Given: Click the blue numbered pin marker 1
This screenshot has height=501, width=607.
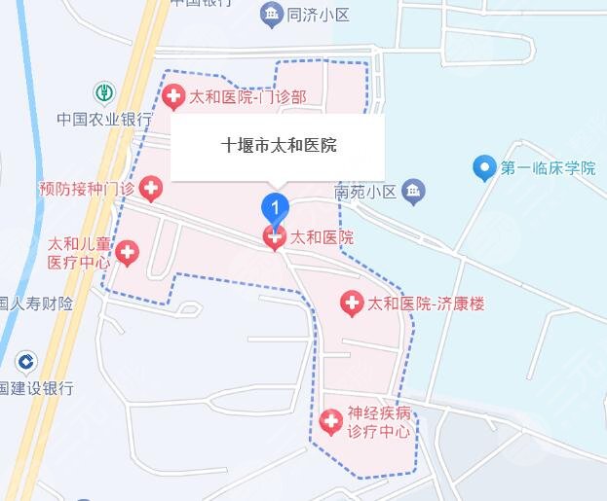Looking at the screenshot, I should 277,208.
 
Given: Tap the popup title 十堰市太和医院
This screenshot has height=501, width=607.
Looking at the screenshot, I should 279,146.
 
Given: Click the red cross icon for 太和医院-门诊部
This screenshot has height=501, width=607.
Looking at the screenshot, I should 173,96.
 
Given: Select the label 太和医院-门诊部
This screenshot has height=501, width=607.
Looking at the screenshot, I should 247,96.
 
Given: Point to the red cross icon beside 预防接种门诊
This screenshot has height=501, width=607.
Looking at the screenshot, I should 150,187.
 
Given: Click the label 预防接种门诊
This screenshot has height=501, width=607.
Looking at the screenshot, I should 86,187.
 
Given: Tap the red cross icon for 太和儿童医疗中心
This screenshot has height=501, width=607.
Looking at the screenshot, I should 128,254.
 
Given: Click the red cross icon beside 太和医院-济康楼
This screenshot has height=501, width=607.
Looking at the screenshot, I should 351,304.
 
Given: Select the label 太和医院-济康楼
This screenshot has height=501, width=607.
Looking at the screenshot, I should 425,304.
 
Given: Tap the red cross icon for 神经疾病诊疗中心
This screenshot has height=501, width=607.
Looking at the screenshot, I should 331,422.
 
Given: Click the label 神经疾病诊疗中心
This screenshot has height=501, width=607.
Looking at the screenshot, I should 379,422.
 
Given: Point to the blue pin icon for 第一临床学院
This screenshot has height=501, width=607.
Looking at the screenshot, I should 483,168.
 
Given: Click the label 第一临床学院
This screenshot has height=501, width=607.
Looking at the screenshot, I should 548,168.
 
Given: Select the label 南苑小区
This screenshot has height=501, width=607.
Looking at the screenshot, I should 365,192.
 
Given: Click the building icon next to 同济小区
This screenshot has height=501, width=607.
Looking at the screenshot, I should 271,14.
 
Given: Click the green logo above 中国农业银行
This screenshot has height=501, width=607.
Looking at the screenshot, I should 103,94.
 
